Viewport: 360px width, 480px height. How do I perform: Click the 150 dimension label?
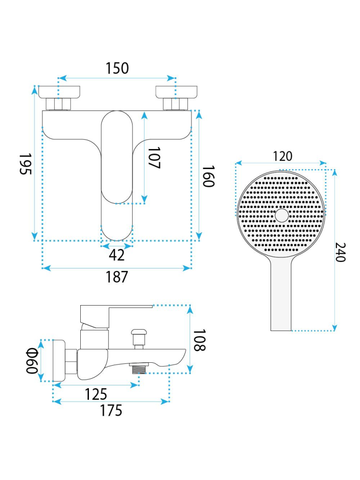click(x=117, y=68)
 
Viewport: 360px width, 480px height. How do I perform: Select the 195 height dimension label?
click(x=25, y=164)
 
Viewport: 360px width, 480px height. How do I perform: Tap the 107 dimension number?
click(x=154, y=158)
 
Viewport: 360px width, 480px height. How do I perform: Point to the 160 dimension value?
click(x=208, y=176)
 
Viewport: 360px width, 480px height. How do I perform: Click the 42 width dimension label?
click(x=117, y=255)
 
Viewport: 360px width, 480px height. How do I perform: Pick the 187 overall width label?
click(x=117, y=277)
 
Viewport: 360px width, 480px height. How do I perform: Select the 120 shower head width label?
click(x=282, y=157)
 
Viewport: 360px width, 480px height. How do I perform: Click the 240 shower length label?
click(x=340, y=252)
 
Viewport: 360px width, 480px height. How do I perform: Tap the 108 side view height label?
click(x=199, y=340)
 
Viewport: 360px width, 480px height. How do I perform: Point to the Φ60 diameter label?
click(x=32, y=361)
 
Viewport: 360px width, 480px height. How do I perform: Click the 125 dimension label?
click(x=96, y=394)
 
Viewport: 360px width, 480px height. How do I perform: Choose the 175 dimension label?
click(x=111, y=410)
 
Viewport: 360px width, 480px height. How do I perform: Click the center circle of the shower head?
click(x=282, y=216)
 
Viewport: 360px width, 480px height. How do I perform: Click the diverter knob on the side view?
click(x=139, y=339)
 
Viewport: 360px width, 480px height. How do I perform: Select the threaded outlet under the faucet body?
click(x=139, y=368)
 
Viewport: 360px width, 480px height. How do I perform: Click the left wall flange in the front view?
click(x=60, y=92)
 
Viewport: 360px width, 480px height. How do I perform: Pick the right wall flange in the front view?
click(x=176, y=92)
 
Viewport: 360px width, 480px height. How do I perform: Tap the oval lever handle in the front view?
click(x=117, y=176)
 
